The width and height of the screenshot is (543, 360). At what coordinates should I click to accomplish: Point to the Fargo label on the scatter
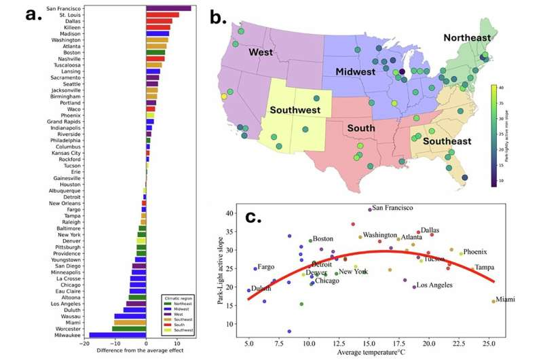click(265, 268)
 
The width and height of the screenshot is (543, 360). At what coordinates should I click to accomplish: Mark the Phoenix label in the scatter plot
click(475, 252)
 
